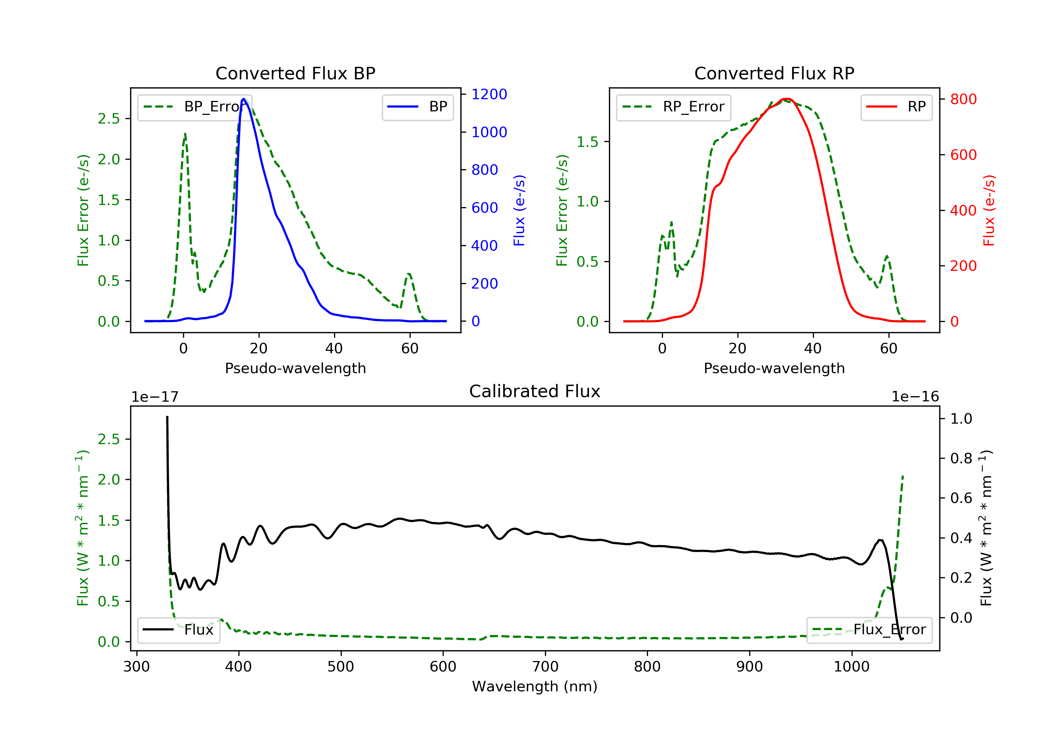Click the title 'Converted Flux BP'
click(x=295, y=73)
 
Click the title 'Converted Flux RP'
click(x=774, y=73)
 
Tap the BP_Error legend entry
click(x=195, y=107)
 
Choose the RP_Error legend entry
click(x=673, y=107)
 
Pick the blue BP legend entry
click(x=417, y=107)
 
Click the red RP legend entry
click(x=896, y=107)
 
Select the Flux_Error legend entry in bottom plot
click(x=869, y=630)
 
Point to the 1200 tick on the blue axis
click(x=489, y=94)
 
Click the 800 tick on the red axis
click(x=963, y=99)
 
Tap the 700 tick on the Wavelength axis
click(x=545, y=667)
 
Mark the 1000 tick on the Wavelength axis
click(x=852, y=667)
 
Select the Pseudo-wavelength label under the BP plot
click(x=295, y=368)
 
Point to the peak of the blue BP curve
click(x=244, y=99)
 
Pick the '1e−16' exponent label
click(x=915, y=397)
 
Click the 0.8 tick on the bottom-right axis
click(x=961, y=458)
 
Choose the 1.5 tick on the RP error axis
click(x=587, y=142)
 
